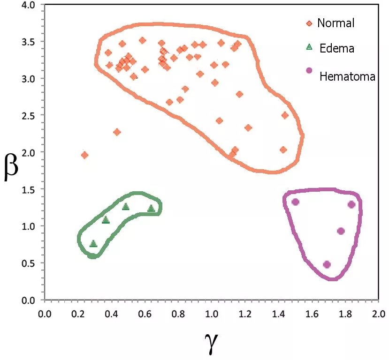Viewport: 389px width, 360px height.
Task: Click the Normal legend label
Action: pos(336,22)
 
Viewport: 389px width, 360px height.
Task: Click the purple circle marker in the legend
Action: pos(309,70)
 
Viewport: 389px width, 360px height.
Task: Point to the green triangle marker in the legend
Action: pos(309,46)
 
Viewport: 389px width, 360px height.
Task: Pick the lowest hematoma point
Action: pos(327,264)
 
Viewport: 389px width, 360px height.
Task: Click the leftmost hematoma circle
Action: pos(295,202)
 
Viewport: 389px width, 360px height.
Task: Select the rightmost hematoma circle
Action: pos(351,204)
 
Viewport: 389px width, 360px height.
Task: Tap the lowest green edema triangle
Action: pos(93,244)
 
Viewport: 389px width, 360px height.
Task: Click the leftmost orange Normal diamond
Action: pos(84,155)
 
